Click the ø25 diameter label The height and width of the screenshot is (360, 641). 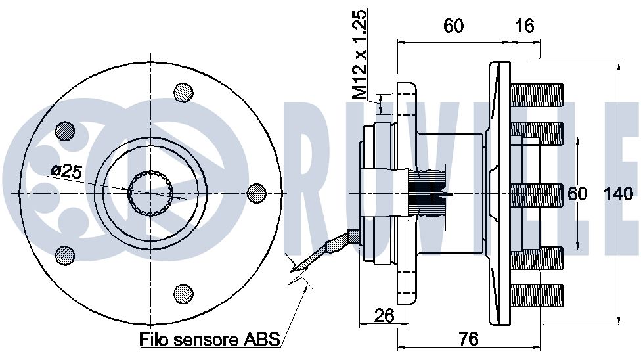(x=67, y=171)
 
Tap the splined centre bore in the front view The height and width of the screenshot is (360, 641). (x=150, y=193)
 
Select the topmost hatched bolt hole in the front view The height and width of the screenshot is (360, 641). (x=183, y=93)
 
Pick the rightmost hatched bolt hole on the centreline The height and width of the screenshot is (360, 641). (x=257, y=193)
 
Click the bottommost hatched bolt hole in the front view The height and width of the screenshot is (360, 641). (x=183, y=293)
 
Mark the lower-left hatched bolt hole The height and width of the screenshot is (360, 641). (x=65, y=255)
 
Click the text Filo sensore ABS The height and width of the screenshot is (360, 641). (x=210, y=339)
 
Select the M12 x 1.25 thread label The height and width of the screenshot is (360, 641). (x=360, y=55)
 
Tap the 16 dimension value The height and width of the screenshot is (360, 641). (x=525, y=26)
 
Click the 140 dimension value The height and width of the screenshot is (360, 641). (x=619, y=194)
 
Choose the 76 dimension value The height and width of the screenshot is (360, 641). (x=468, y=339)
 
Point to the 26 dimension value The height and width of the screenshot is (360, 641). (x=385, y=315)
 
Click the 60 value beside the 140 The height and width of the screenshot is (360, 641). (x=578, y=194)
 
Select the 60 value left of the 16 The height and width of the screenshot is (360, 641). (x=453, y=26)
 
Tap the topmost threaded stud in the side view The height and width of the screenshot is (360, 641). (x=537, y=95)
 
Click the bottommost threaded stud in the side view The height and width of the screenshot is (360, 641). (x=537, y=295)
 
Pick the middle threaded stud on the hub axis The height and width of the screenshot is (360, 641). (x=537, y=194)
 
